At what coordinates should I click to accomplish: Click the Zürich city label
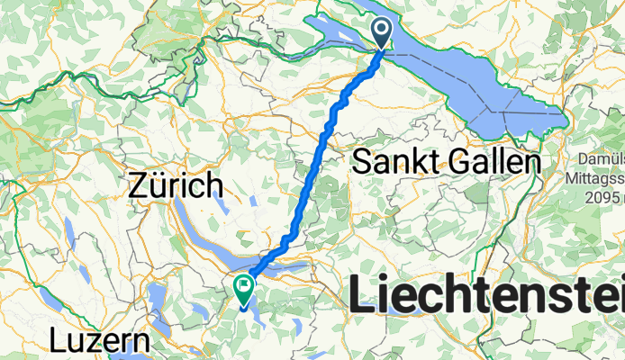click(x=176, y=186)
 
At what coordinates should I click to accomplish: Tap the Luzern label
click(x=99, y=343)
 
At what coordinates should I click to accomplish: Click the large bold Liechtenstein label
click(x=486, y=294)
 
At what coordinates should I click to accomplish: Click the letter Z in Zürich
click(x=138, y=186)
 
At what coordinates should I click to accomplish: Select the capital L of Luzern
click(x=59, y=343)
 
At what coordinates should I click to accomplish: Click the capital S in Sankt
click(x=361, y=163)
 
